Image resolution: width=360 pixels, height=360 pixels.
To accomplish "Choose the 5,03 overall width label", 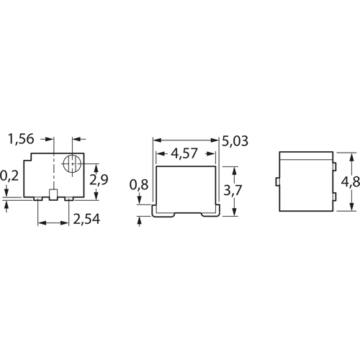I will (x=235, y=141).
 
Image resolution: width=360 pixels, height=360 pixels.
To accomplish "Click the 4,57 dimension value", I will (x=186, y=153).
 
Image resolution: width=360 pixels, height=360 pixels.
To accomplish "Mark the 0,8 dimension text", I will (x=139, y=185).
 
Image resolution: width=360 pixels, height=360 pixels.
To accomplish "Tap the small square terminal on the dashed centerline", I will (x=53, y=194).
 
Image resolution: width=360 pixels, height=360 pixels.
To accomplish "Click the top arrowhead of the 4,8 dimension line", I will (x=351, y=154).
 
